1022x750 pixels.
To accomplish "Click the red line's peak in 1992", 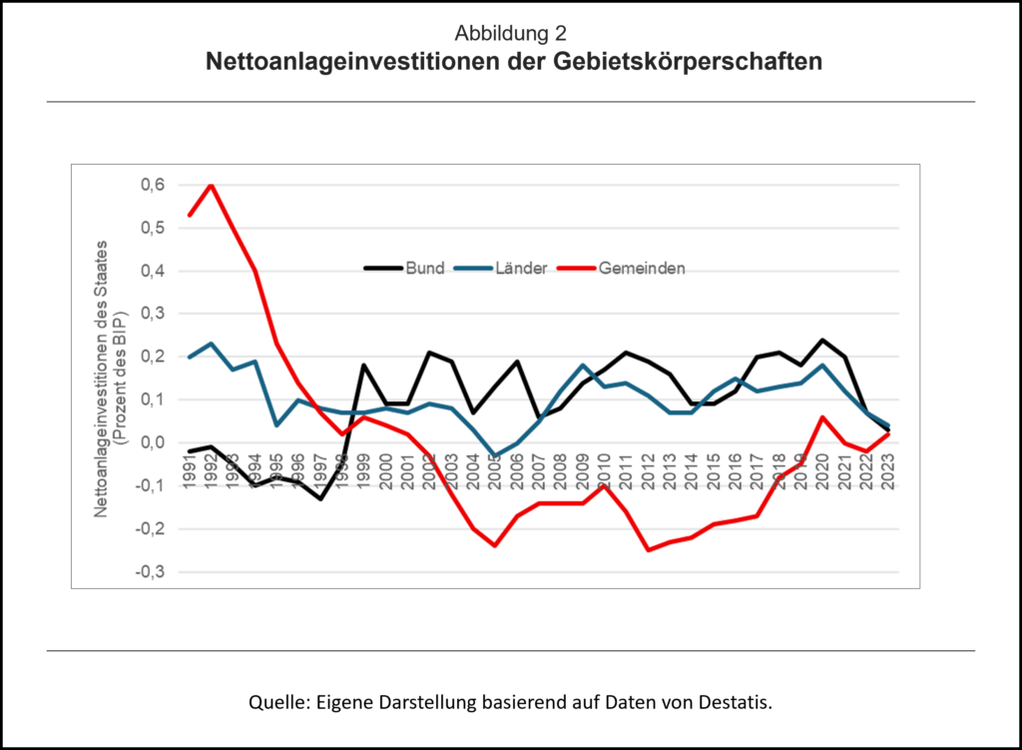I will coord(212,185).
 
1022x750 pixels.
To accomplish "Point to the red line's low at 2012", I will coord(648,550).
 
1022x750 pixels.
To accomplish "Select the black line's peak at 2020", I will coord(821,340).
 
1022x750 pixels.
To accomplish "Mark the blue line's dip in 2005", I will coord(495,455).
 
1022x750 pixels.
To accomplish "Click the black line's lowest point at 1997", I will coord(321,498).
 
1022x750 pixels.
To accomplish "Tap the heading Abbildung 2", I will coord(511,33).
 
